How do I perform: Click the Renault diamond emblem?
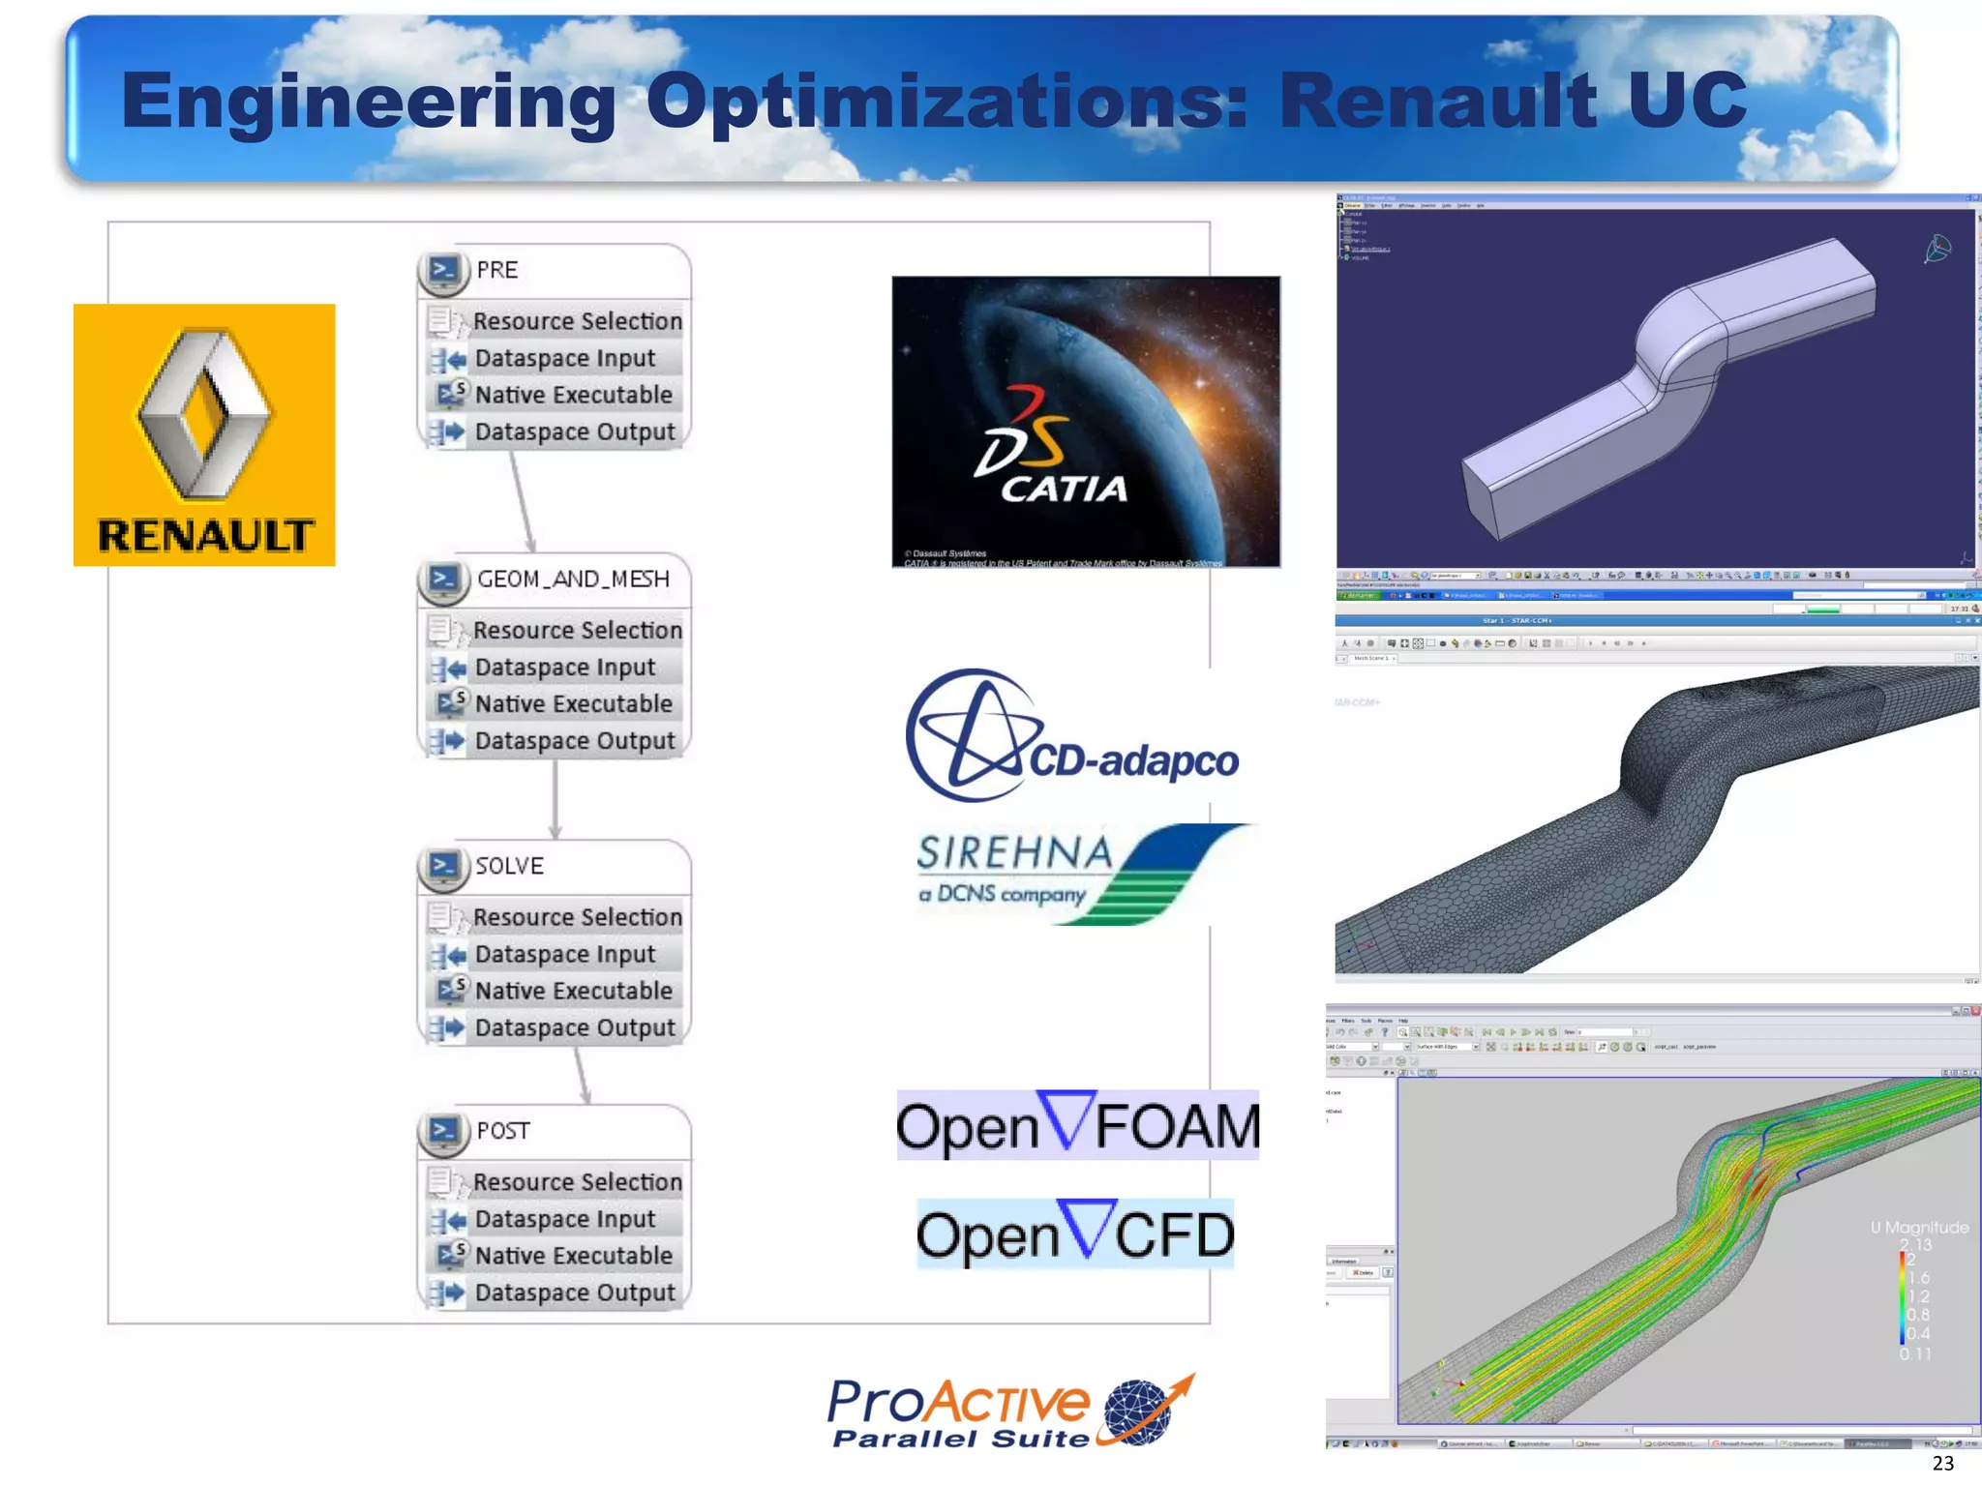click(x=204, y=414)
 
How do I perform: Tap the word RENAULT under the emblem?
click(x=205, y=536)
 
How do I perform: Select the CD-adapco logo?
click(x=1071, y=736)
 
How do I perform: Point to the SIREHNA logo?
click(x=1079, y=873)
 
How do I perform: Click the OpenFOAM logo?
click(x=1077, y=1125)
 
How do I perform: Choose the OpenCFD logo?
click(x=1075, y=1233)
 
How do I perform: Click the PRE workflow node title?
click(x=497, y=270)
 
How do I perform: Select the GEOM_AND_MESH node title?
click(x=573, y=579)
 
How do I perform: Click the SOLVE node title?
click(x=509, y=866)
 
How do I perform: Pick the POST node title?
click(x=503, y=1131)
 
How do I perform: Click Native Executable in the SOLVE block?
click(x=573, y=991)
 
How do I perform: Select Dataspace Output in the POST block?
click(x=575, y=1293)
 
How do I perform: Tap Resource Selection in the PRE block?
click(x=577, y=321)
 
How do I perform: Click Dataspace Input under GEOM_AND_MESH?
click(x=565, y=668)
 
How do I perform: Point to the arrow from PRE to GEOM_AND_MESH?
click(x=522, y=501)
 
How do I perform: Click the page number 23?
click(x=1942, y=1464)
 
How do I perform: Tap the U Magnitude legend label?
click(x=1919, y=1227)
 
